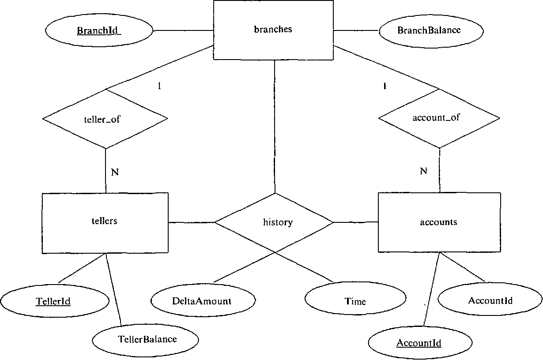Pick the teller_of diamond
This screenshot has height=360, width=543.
pos(105,119)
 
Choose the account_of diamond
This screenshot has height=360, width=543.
pos(439,118)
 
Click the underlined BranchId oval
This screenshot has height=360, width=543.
pos(99,31)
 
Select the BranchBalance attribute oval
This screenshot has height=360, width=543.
pos(429,30)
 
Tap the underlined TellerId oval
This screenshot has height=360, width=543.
pos(54,302)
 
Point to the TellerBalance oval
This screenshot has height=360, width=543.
pos(147,339)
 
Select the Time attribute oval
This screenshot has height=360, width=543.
pos(355,301)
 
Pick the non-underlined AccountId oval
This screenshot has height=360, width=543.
pos(490,301)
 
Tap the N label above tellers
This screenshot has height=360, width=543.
pos(115,172)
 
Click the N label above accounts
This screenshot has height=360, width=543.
pos(423,171)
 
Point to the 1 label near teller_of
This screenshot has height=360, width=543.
pos(159,86)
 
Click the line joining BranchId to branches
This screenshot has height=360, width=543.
pos(183,30)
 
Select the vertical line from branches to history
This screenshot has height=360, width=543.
pos(275,128)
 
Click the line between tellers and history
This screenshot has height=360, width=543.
pos(191,222)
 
